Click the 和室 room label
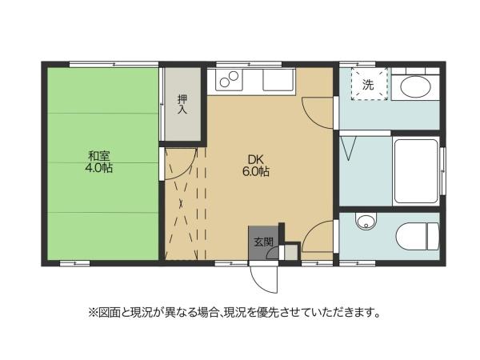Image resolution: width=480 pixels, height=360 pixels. click(99, 155)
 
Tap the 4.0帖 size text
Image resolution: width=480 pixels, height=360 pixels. click(99, 169)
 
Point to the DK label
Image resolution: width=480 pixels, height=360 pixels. click(255, 158)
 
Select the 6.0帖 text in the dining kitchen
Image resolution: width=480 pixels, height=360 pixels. click(256, 171)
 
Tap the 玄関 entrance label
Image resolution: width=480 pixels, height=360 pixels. click(263, 241)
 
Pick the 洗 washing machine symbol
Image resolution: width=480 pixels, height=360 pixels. click(368, 84)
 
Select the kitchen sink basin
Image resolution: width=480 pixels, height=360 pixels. click(278, 82)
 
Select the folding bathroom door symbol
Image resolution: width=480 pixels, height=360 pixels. click(349, 147)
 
